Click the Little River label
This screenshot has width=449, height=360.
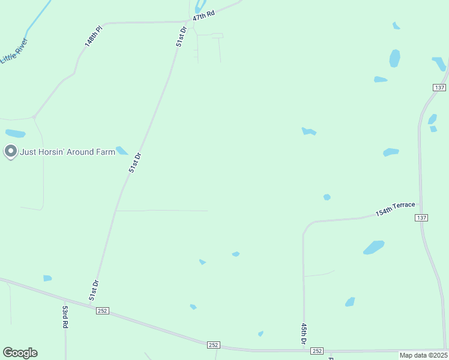14,51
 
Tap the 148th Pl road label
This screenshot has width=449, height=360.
94,37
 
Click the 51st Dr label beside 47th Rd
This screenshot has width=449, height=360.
181,36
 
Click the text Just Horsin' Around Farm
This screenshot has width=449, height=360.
67,152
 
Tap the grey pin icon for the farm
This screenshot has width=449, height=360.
10,152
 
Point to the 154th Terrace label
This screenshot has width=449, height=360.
395,209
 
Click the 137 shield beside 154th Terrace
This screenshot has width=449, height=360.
421,217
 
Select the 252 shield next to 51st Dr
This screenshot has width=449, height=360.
102,310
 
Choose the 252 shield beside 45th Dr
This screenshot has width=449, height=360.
318,351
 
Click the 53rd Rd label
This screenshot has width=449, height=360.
65,316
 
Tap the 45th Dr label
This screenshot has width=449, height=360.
304,334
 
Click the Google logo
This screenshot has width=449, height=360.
20,353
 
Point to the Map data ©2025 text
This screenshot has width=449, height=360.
423,355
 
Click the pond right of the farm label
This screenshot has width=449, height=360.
122,151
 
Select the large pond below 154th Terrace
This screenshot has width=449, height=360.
373,247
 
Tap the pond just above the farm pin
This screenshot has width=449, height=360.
15,133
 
